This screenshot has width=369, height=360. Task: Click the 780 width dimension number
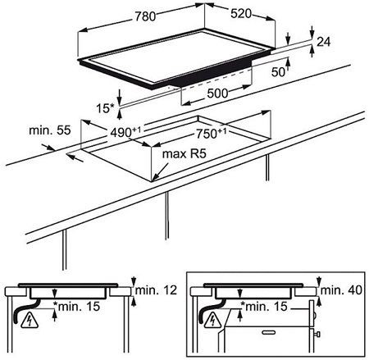pos(145,16)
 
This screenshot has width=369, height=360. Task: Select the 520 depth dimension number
pos(241,13)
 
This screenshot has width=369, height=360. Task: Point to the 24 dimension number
pos(324,42)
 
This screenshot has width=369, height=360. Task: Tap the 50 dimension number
pos(278,71)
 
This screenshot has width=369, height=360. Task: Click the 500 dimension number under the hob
pos(217,93)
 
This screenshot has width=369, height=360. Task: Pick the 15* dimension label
pos(105,109)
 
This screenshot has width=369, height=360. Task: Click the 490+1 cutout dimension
pos(125,132)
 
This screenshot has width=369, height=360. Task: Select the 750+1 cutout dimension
pos(212,134)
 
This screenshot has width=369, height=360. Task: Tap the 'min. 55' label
pos(50,130)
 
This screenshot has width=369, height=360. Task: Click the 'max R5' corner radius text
pos(184,153)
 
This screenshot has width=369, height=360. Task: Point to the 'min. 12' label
pos(156,290)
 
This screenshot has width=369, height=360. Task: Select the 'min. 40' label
pos(341,290)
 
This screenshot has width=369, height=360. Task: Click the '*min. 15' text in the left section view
pos(76,306)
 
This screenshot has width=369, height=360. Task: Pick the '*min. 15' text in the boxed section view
pos(264,306)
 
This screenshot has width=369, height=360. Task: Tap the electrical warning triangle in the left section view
pos(30,320)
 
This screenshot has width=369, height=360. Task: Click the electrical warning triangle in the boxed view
pos(214,320)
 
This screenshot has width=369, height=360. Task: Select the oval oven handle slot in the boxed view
pos(270,332)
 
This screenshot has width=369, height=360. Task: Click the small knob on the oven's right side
pos(317,334)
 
